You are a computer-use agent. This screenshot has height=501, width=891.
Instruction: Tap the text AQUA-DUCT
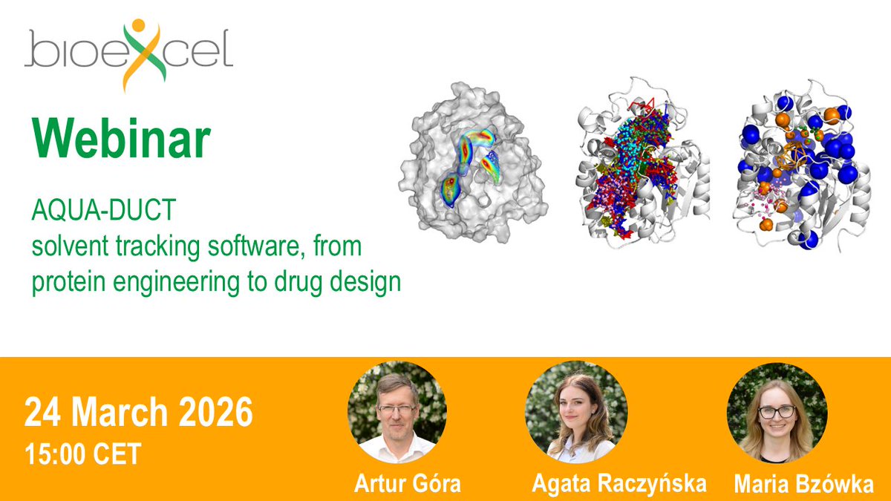(x=103, y=211)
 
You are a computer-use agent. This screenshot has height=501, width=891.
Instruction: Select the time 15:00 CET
(x=82, y=453)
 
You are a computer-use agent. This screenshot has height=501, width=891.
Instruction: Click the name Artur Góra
(x=407, y=484)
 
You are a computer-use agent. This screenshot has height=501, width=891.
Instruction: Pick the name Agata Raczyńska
(x=619, y=484)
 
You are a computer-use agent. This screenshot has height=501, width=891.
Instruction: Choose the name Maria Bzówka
(x=803, y=485)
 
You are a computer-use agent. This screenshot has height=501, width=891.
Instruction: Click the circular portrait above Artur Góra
(x=397, y=413)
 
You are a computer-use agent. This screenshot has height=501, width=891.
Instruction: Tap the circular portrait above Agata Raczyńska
(x=576, y=413)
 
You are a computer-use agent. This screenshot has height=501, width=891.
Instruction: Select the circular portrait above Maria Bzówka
(x=777, y=413)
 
